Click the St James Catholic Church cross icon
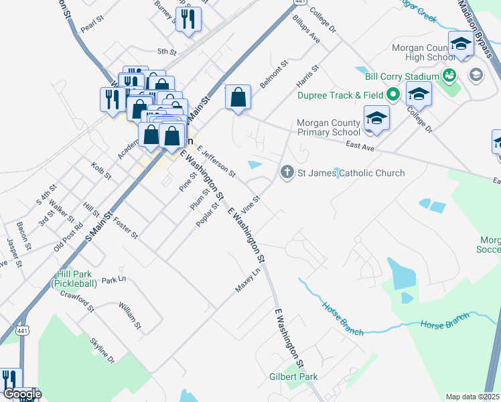point(287,173)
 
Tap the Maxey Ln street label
point(247,281)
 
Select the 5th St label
point(166,52)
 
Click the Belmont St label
point(274,74)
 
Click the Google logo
point(21,394)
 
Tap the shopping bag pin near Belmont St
point(238,98)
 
